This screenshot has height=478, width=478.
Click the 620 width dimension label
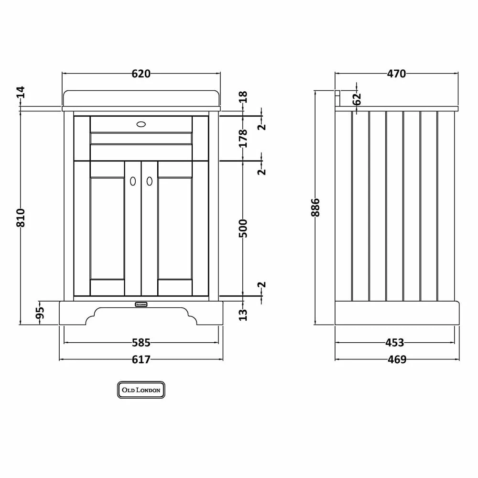(x=141, y=74)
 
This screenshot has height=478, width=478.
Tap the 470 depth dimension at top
(x=396, y=74)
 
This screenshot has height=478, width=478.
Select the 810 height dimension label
(x=21, y=217)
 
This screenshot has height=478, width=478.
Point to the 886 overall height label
(x=315, y=207)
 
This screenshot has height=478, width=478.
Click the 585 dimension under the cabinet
(x=141, y=343)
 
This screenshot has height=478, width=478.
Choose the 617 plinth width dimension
(x=141, y=360)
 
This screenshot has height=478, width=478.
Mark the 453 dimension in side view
(x=394, y=343)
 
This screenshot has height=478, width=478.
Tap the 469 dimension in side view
(x=397, y=360)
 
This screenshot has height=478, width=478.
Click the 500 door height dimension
(x=243, y=228)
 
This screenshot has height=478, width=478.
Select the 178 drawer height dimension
(x=243, y=139)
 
